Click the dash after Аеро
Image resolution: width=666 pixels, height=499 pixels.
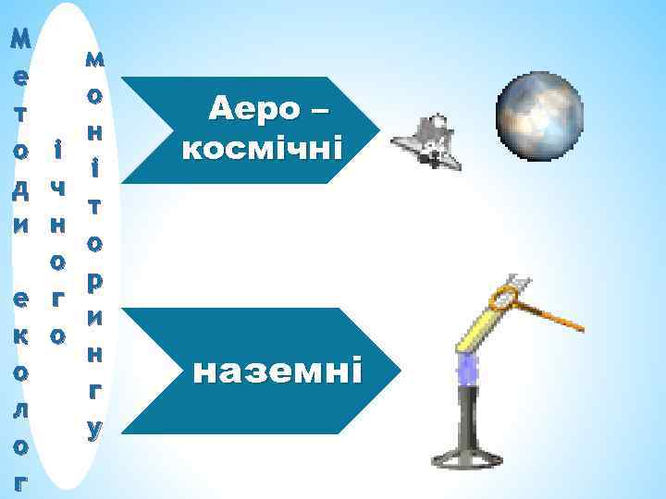click(x=318, y=113)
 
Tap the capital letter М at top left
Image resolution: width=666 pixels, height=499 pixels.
click(x=19, y=39)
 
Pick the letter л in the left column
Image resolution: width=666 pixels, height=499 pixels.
click(x=19, y=410)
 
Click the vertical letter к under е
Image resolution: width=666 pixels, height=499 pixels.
click(x=19, y=336)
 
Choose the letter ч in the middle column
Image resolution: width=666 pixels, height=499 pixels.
click(x=57, y=188)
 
